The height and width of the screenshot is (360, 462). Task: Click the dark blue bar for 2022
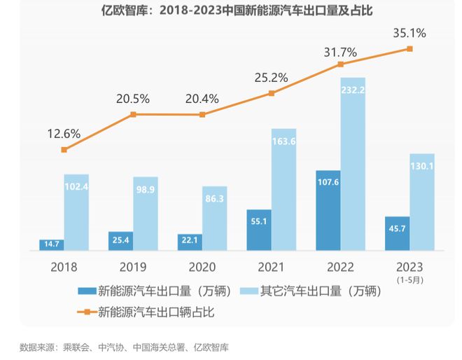pos(328,210)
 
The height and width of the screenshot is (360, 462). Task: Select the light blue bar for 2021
pos(284,189)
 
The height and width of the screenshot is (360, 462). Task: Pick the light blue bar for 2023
pos(422,202)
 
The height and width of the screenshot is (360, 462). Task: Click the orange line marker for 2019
pos(133,113)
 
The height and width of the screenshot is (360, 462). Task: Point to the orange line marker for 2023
pos(409,48)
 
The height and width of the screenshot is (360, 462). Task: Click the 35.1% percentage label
pos(410,32)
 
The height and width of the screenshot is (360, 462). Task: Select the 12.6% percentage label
pos(64,133)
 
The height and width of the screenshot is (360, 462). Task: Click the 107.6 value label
pos(328,182)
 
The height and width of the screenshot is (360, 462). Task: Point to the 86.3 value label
pos(215,199)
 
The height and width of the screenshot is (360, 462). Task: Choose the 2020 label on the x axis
pos(202,268)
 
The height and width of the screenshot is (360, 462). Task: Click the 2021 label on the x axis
pos(271,268)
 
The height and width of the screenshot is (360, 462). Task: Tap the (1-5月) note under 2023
pos(409,279)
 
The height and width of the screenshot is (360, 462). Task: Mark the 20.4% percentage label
pos(203,98)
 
